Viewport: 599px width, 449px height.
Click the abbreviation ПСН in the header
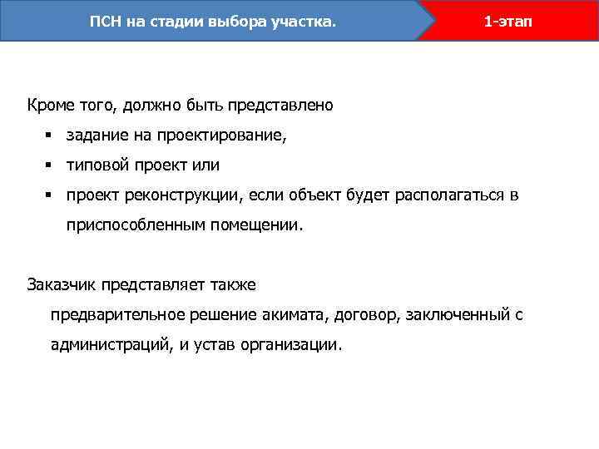pos(106,21)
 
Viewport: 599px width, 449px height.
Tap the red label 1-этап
pos(505,21)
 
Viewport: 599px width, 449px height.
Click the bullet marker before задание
pos(50,136)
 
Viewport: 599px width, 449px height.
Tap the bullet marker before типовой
pos(50,165)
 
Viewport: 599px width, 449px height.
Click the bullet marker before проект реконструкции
pos(50,195)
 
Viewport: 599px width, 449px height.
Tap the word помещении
pos(257,224)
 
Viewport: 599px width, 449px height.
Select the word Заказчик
pos(62,284)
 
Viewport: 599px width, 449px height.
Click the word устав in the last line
pos(210,345)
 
